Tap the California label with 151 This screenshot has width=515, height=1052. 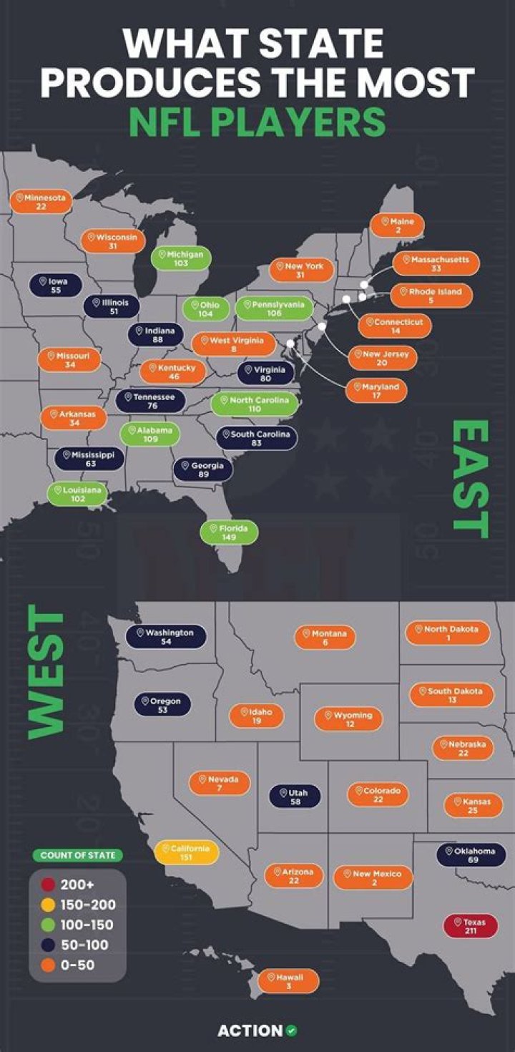pyautogui.click(x=186, y=852)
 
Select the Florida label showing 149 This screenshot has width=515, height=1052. pyautogui.click(x=229, y=532)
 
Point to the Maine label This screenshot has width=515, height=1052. pyautogui.click(x=397, y=225)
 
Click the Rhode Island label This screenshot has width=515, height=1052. pyautogui.click(x=431, y=296)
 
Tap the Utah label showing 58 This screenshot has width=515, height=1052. pyautogui.click(x=295, y=797)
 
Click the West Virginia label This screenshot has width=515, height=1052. pyautogui.click(x=232, y=344)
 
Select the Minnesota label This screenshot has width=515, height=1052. pyautogui.click(x=41, y=201)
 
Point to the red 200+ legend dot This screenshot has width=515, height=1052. pyautogui.click(x=49, y=885)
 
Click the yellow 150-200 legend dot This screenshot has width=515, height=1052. pyautogui.click(x=49, y=905)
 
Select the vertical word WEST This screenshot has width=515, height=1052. pyautogui.click(x=46, y=672)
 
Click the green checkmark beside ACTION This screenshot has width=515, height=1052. pyautogui.click(x=291, y=1031)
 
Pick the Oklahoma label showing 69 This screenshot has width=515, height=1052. pyautogui.click(x=471, y=854)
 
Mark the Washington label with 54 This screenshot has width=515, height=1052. pyautogui.click(x=166, y=637)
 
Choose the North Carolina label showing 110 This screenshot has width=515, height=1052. pyautogui.click(x=254, y=404)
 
